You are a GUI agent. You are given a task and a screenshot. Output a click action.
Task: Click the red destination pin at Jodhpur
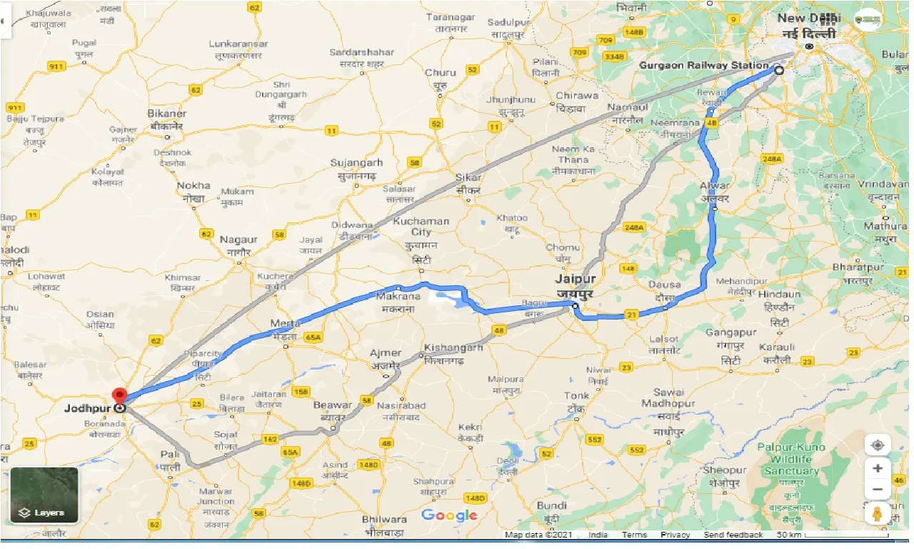tap(119, 395)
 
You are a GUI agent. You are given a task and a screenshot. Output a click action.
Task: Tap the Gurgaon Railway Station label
tap(704, 65)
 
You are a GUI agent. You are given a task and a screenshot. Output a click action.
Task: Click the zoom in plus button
tap(878, 468)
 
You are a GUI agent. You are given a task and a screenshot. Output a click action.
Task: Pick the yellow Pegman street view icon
tap(878, 513)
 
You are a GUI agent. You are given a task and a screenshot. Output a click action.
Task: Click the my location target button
tap(878, 445)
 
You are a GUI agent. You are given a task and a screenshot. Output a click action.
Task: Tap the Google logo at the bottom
tap(449, 515)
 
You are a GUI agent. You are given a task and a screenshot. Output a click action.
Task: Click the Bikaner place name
tap(166, 114)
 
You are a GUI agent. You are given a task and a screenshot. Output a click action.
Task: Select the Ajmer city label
tap(386, 353)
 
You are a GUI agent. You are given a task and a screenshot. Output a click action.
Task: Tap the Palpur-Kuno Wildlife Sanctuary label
tap(792, 459)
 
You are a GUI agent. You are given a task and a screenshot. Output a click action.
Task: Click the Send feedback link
tap(733, 535)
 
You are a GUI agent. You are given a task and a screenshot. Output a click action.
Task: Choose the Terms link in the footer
tap(634, 535)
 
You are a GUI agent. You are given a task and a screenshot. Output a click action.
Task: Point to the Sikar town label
tap(468, 178)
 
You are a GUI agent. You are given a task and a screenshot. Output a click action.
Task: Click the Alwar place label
tap(715, 186)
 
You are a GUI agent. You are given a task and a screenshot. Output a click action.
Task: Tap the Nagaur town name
tap(239, 240)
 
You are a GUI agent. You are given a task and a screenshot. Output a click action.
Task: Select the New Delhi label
tap(809, 18)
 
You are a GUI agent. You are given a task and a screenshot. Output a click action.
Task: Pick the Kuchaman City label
tap(421, 227)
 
